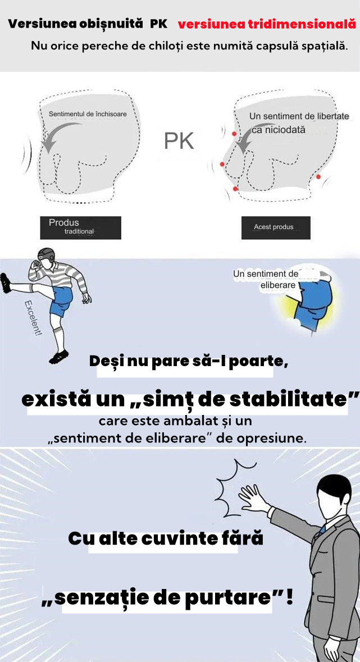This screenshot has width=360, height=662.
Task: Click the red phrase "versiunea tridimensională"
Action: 267,24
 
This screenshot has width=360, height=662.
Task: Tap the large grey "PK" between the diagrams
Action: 179,141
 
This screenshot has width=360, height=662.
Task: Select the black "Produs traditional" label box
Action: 81,227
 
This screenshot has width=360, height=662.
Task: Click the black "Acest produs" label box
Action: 276,227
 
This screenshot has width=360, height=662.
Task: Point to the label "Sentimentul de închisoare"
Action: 88,114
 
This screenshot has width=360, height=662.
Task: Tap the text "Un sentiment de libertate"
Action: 299,116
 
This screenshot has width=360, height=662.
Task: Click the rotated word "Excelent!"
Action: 33,317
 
